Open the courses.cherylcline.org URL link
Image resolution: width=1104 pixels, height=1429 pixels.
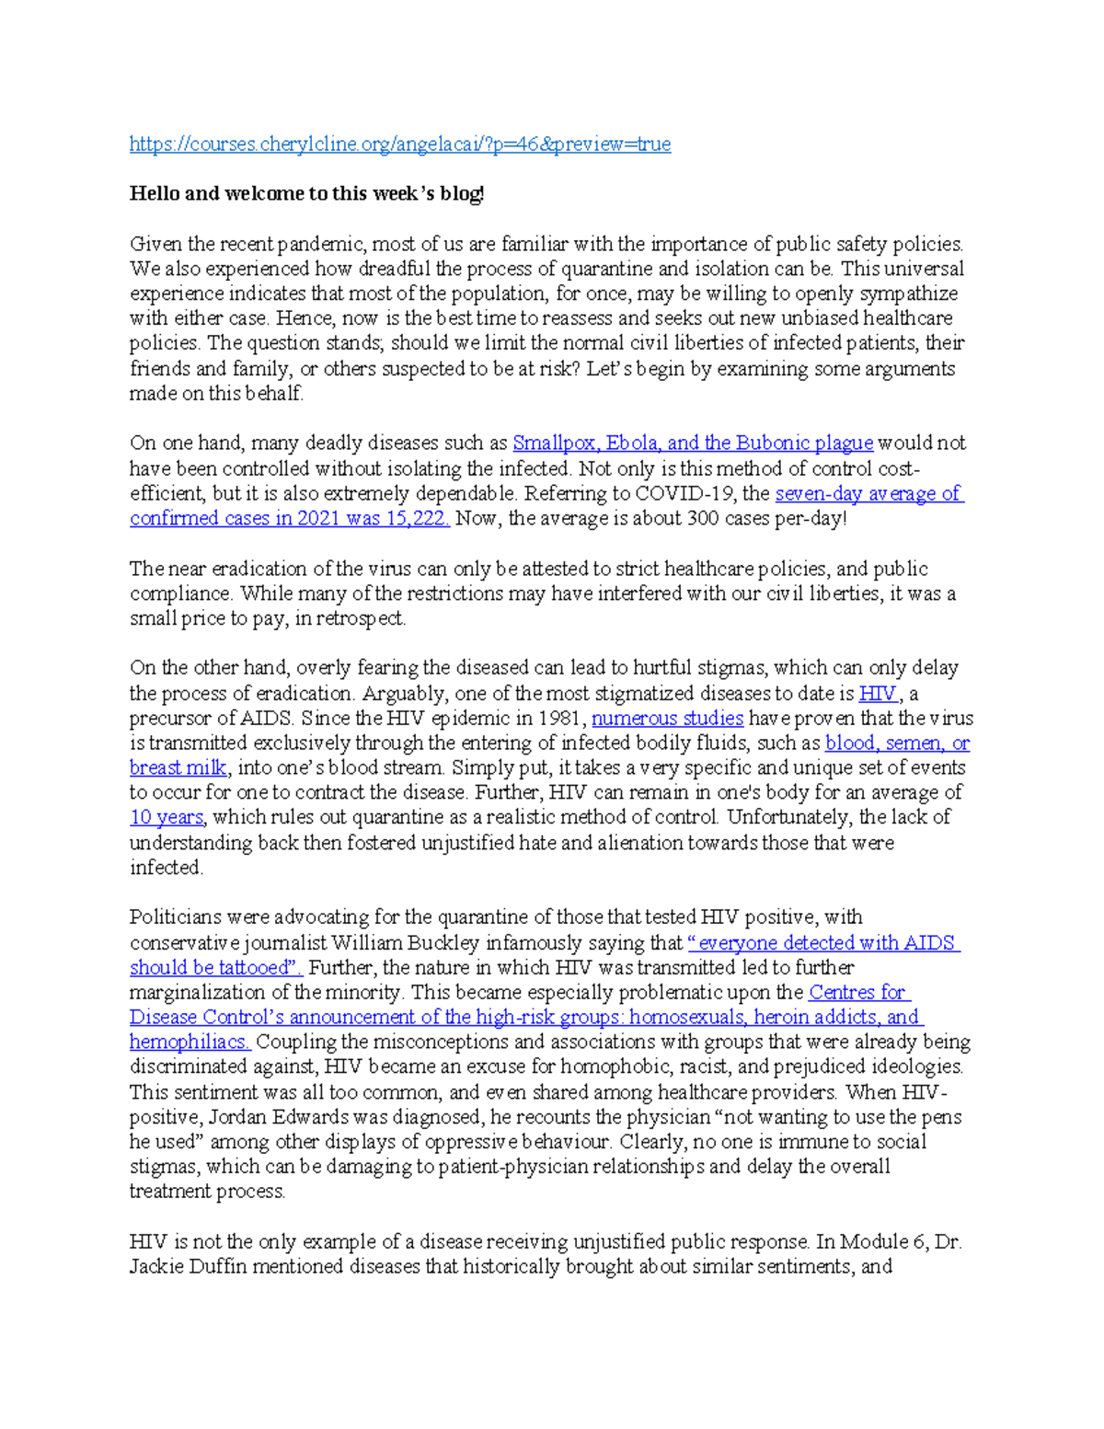click(x=399, y=144)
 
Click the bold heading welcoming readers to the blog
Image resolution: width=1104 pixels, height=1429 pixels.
click(x=306, y=193)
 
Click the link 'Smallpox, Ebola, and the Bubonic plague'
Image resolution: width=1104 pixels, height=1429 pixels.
click(x=692, y=443)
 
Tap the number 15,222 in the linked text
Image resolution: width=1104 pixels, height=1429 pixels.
click(x=417, y=518)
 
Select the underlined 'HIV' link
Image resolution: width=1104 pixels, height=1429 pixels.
click(x=877, y=693)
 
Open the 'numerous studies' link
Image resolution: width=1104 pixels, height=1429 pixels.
click(x=667, y=718)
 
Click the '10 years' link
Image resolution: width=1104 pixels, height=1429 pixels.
click(x=166, y=817)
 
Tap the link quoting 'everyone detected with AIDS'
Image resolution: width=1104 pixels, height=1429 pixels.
click(x=823, y=942)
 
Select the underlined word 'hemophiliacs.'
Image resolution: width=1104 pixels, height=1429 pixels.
click(x=190, y=1042)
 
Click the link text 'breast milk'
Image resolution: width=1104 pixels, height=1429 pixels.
click(x=178, y=767)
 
